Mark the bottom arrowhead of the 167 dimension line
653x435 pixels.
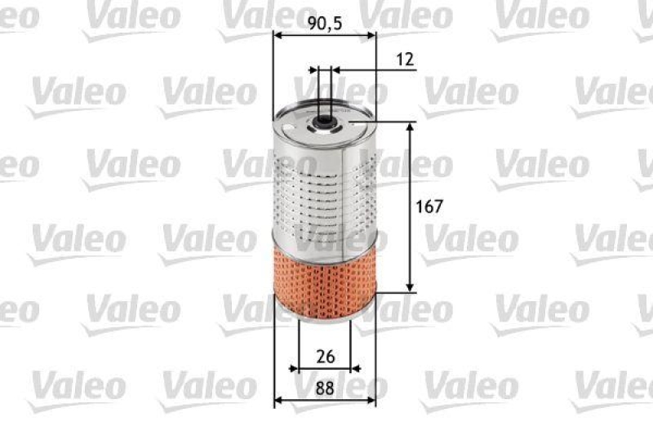tap(411, 286)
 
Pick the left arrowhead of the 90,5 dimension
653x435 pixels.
tap(278, 36)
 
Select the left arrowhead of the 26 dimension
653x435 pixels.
tap(295, 368)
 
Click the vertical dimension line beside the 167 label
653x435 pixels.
tap(411, 245)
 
